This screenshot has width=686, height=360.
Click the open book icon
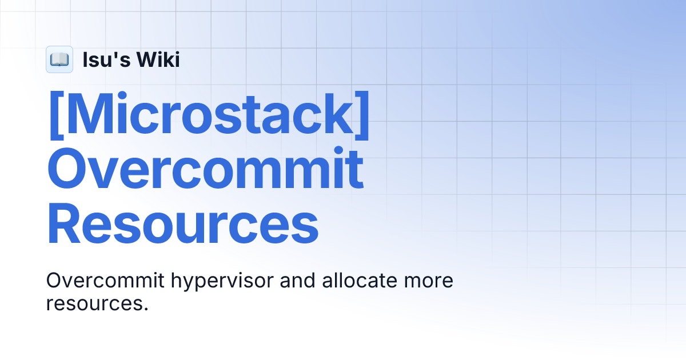59,59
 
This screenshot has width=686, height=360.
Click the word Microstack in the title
209,114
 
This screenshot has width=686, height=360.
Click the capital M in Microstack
86,114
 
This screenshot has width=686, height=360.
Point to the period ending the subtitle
145,309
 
